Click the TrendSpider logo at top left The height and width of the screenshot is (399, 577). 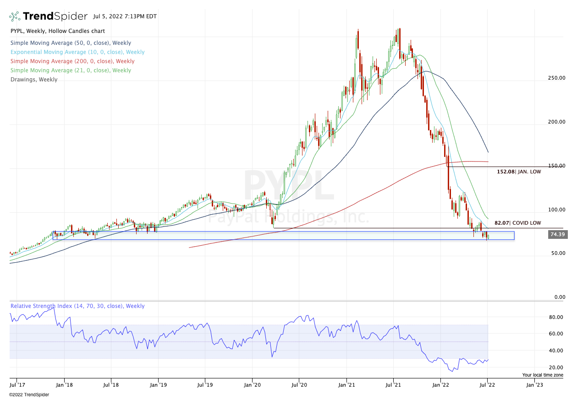(48, 16)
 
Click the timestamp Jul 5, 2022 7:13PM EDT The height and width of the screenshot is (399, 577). (125, 16)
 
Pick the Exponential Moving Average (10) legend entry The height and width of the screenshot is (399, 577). (77, 52)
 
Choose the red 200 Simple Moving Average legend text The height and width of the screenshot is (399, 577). (72, 61)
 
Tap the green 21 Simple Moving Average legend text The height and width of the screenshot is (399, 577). (71, 70)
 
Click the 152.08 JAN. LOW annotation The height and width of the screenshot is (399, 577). (519, 172)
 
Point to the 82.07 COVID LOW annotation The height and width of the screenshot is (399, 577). (517, 223)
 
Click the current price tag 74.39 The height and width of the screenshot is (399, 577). (557, 235)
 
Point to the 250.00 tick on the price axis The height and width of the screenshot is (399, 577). (556, 78)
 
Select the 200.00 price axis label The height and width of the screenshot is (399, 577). (556, 122)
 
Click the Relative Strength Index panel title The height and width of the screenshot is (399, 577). (77, 306)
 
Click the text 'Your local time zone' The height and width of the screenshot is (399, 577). (543, 375)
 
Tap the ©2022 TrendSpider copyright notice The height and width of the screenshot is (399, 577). (29, 394)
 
